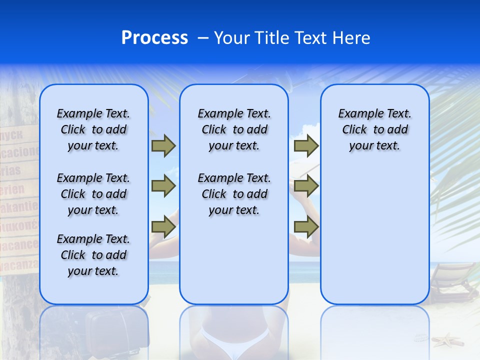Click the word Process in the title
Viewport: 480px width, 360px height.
coord(154,38)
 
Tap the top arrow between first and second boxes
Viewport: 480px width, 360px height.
coord(163,146)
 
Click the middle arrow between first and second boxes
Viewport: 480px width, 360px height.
coord(163,186)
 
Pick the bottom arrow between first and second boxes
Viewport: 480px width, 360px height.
coord(163,227)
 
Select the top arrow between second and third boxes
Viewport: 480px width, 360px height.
coord(306,146)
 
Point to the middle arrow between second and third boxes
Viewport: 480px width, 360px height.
coord(306,186)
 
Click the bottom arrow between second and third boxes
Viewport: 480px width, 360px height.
coord(306,227)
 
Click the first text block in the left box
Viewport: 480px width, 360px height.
coord(93,129)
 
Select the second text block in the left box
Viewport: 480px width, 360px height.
coord(93,194)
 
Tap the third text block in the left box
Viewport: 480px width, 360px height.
coord(93,255)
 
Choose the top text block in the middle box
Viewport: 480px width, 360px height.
coord(234,129)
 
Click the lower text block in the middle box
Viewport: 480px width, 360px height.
coord(234,194)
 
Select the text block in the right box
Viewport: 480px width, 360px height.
coord(374,129)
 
